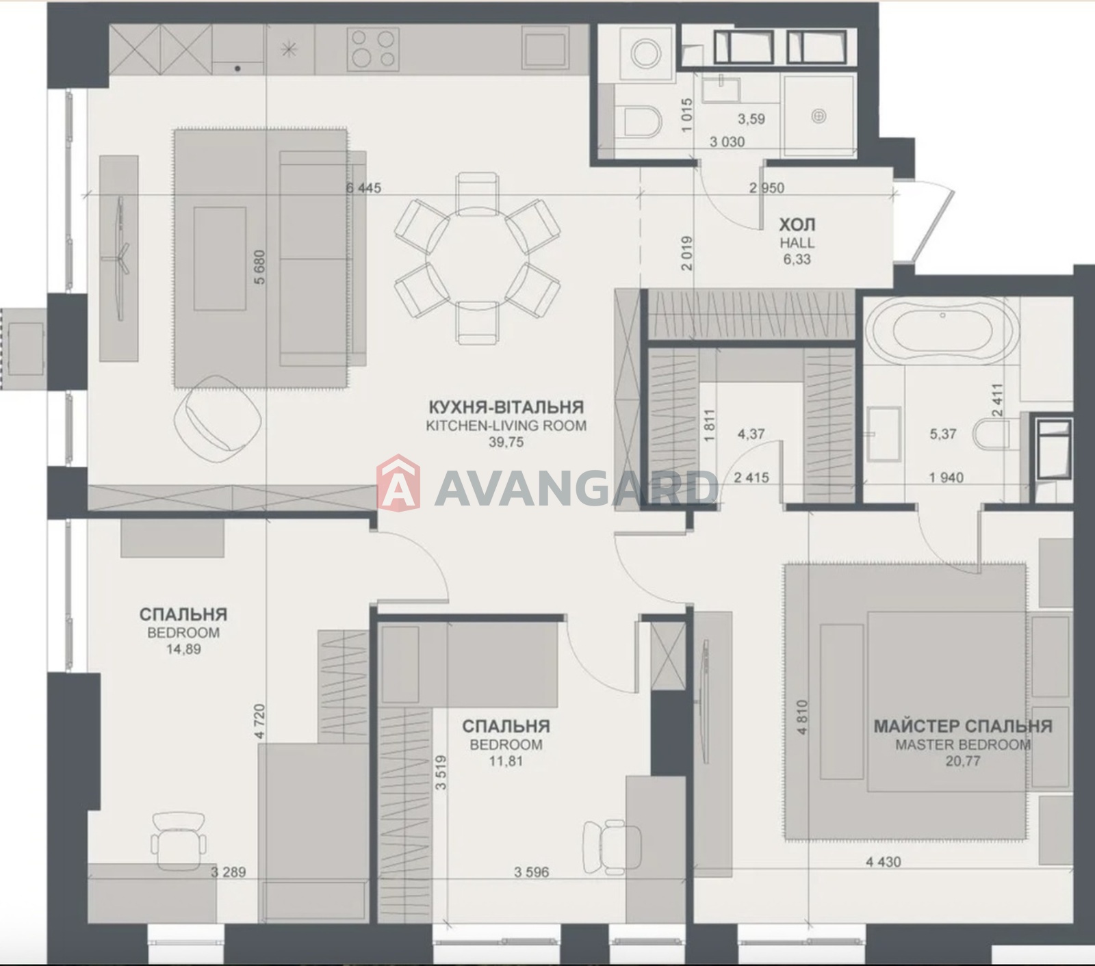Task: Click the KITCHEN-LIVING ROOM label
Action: click(x=506, y=425)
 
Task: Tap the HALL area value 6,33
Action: click(x=797, y=259)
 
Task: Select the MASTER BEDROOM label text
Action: click(x=963, y=744)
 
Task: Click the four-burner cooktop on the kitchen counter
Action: click(x=373, y=49)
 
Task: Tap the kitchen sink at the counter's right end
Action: click(x=545, y=48)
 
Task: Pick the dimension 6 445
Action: click(x=363, y=188)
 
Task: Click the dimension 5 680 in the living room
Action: click(x=259, y=267)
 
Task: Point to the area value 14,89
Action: click(x=183, y=649)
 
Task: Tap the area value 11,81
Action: click(x=506, y=761)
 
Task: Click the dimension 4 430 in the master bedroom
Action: click(x=884, y=862)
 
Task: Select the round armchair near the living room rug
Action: click(x=218, y=413)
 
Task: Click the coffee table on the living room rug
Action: click(x=220, y=259)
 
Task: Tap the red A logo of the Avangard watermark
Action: click(x=399, y=482)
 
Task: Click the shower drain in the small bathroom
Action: click(x=819, y=117)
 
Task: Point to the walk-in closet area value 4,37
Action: click(x=751, y=434)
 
